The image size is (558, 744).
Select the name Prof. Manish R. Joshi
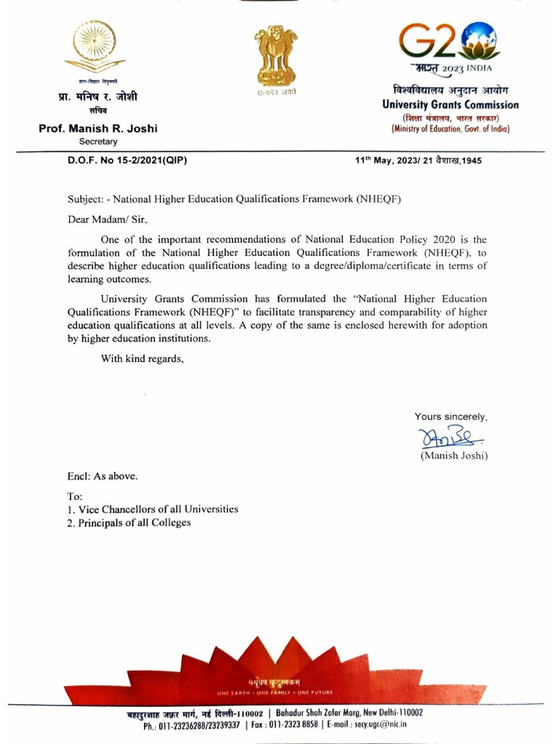click(98, 129)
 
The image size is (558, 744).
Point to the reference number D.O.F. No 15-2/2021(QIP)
click(123, 161)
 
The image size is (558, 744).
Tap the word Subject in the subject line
click(86, 198)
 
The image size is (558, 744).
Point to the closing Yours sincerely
click(450, 416)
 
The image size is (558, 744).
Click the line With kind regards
click(142, 357)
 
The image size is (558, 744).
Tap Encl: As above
click(102, 477)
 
